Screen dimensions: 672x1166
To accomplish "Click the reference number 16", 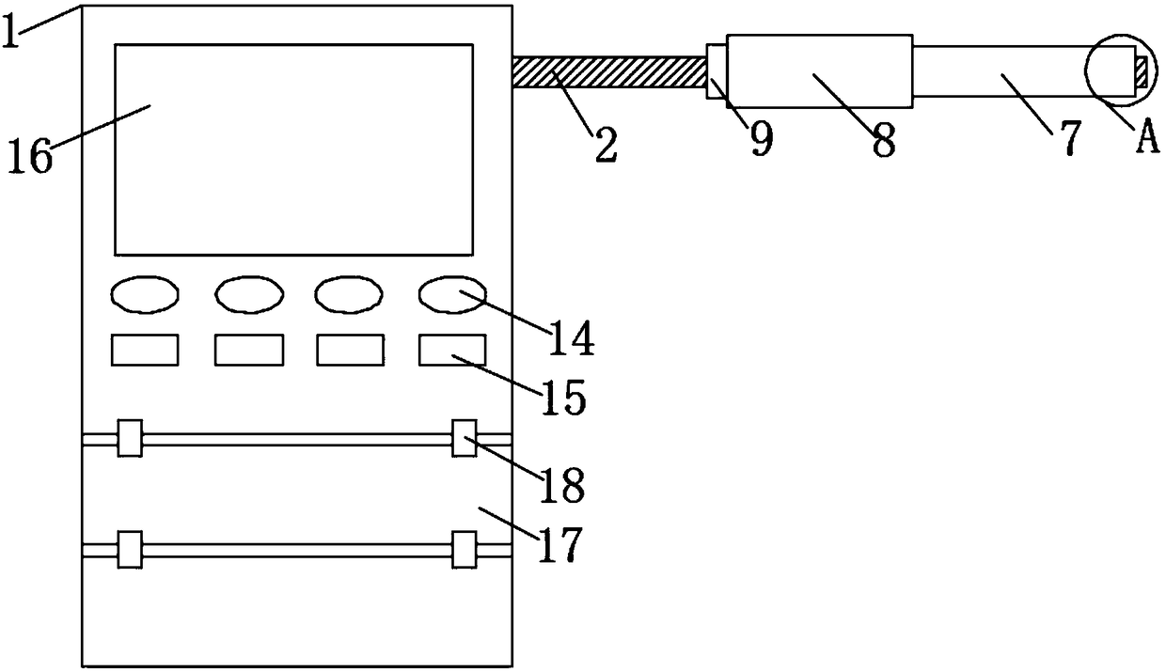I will (x=30, y=156).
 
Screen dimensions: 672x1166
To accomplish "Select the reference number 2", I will (x=605, y=146).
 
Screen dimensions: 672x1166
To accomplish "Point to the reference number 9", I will (x=761, y=140).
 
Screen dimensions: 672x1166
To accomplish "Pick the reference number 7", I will (x=1068, y=139).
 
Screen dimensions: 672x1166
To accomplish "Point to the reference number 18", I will (x=563, y=486).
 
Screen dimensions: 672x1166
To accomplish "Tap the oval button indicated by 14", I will (x=452, y=294).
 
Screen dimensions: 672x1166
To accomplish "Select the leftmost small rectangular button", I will (x=145, y=350).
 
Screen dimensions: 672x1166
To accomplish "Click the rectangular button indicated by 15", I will (x=452, y=350).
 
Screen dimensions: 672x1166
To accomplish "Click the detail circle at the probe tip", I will (x=1115, y=71).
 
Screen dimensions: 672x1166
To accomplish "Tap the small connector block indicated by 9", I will (x=717, y=71).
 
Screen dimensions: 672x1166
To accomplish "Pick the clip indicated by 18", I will (x=464, y=438).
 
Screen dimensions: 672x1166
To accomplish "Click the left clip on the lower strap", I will (x=130, y=549).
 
